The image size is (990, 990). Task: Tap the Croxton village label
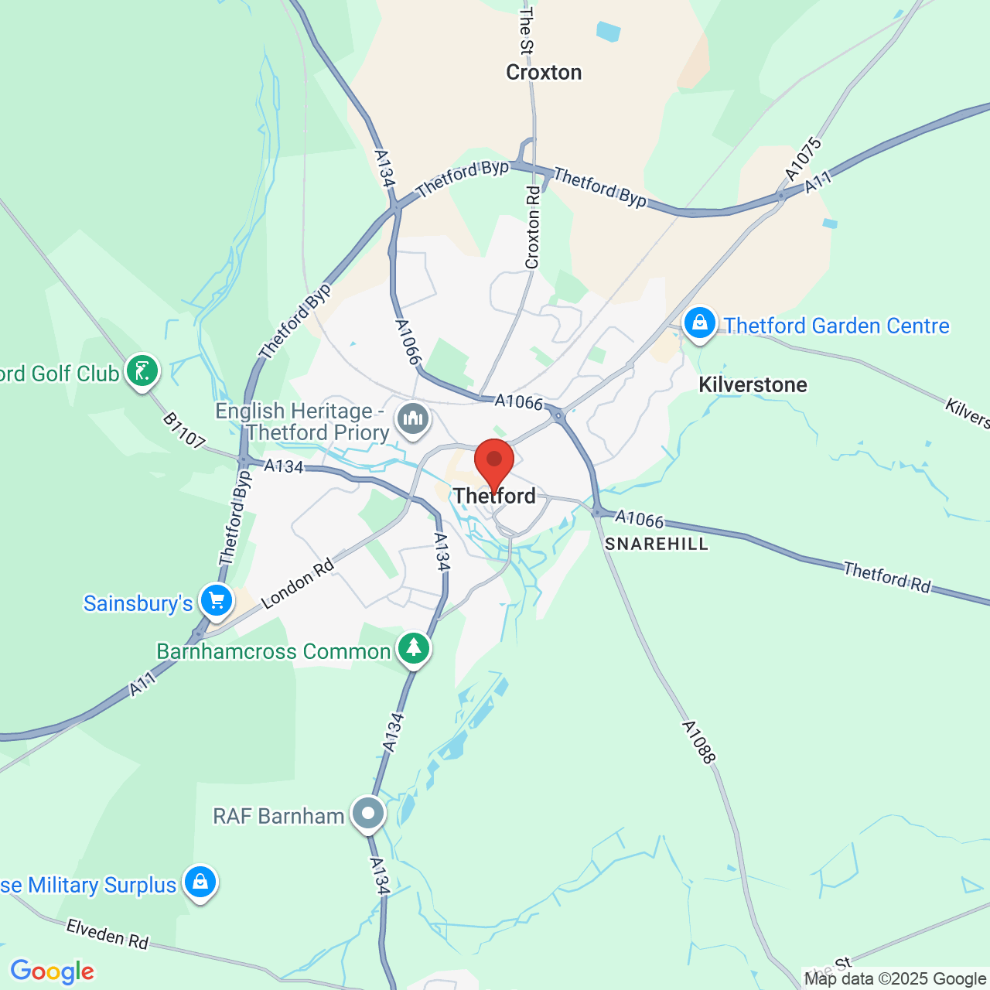point(544,73)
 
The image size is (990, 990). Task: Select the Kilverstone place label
point(753,384)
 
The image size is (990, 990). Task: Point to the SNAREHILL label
point(657,544)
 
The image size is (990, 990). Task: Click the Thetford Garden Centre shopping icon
point(700,323)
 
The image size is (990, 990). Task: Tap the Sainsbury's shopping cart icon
point(217,600)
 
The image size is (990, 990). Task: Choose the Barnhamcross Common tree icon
point(414,648)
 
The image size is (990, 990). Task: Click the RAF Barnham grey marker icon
point(368,814)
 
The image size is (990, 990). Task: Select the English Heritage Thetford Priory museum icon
point(413,419)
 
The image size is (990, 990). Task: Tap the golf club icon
point(142,371)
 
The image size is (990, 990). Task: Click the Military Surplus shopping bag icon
point(200,882)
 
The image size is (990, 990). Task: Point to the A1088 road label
point(698,742)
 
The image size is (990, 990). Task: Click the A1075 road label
point(803,159)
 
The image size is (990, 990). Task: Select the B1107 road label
point(184,431)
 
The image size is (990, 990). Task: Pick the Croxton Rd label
point(533,227)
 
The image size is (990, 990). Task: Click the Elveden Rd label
point(107,934)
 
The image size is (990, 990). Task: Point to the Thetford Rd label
point(887,577)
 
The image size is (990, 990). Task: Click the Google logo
point(53,971)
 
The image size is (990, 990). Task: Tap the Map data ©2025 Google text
point(895,979)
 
